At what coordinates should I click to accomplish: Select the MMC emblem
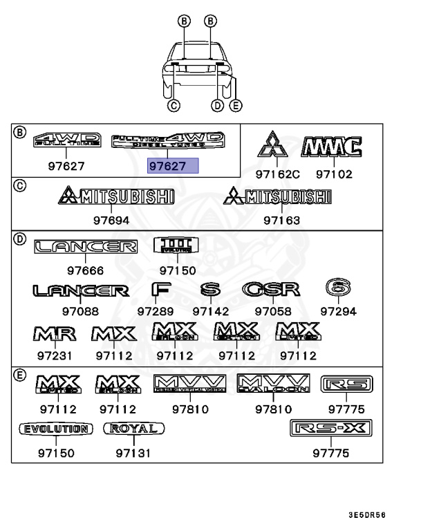coord(332,147)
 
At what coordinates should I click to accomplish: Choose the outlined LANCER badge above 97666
coord(86,247)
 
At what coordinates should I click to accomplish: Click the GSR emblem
coord(271,290)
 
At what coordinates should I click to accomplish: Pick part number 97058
coord(272,311)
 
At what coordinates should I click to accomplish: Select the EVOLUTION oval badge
coord(55,429)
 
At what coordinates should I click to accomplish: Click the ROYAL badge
coord(134,429)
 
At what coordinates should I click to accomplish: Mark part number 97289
coord(155,311)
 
